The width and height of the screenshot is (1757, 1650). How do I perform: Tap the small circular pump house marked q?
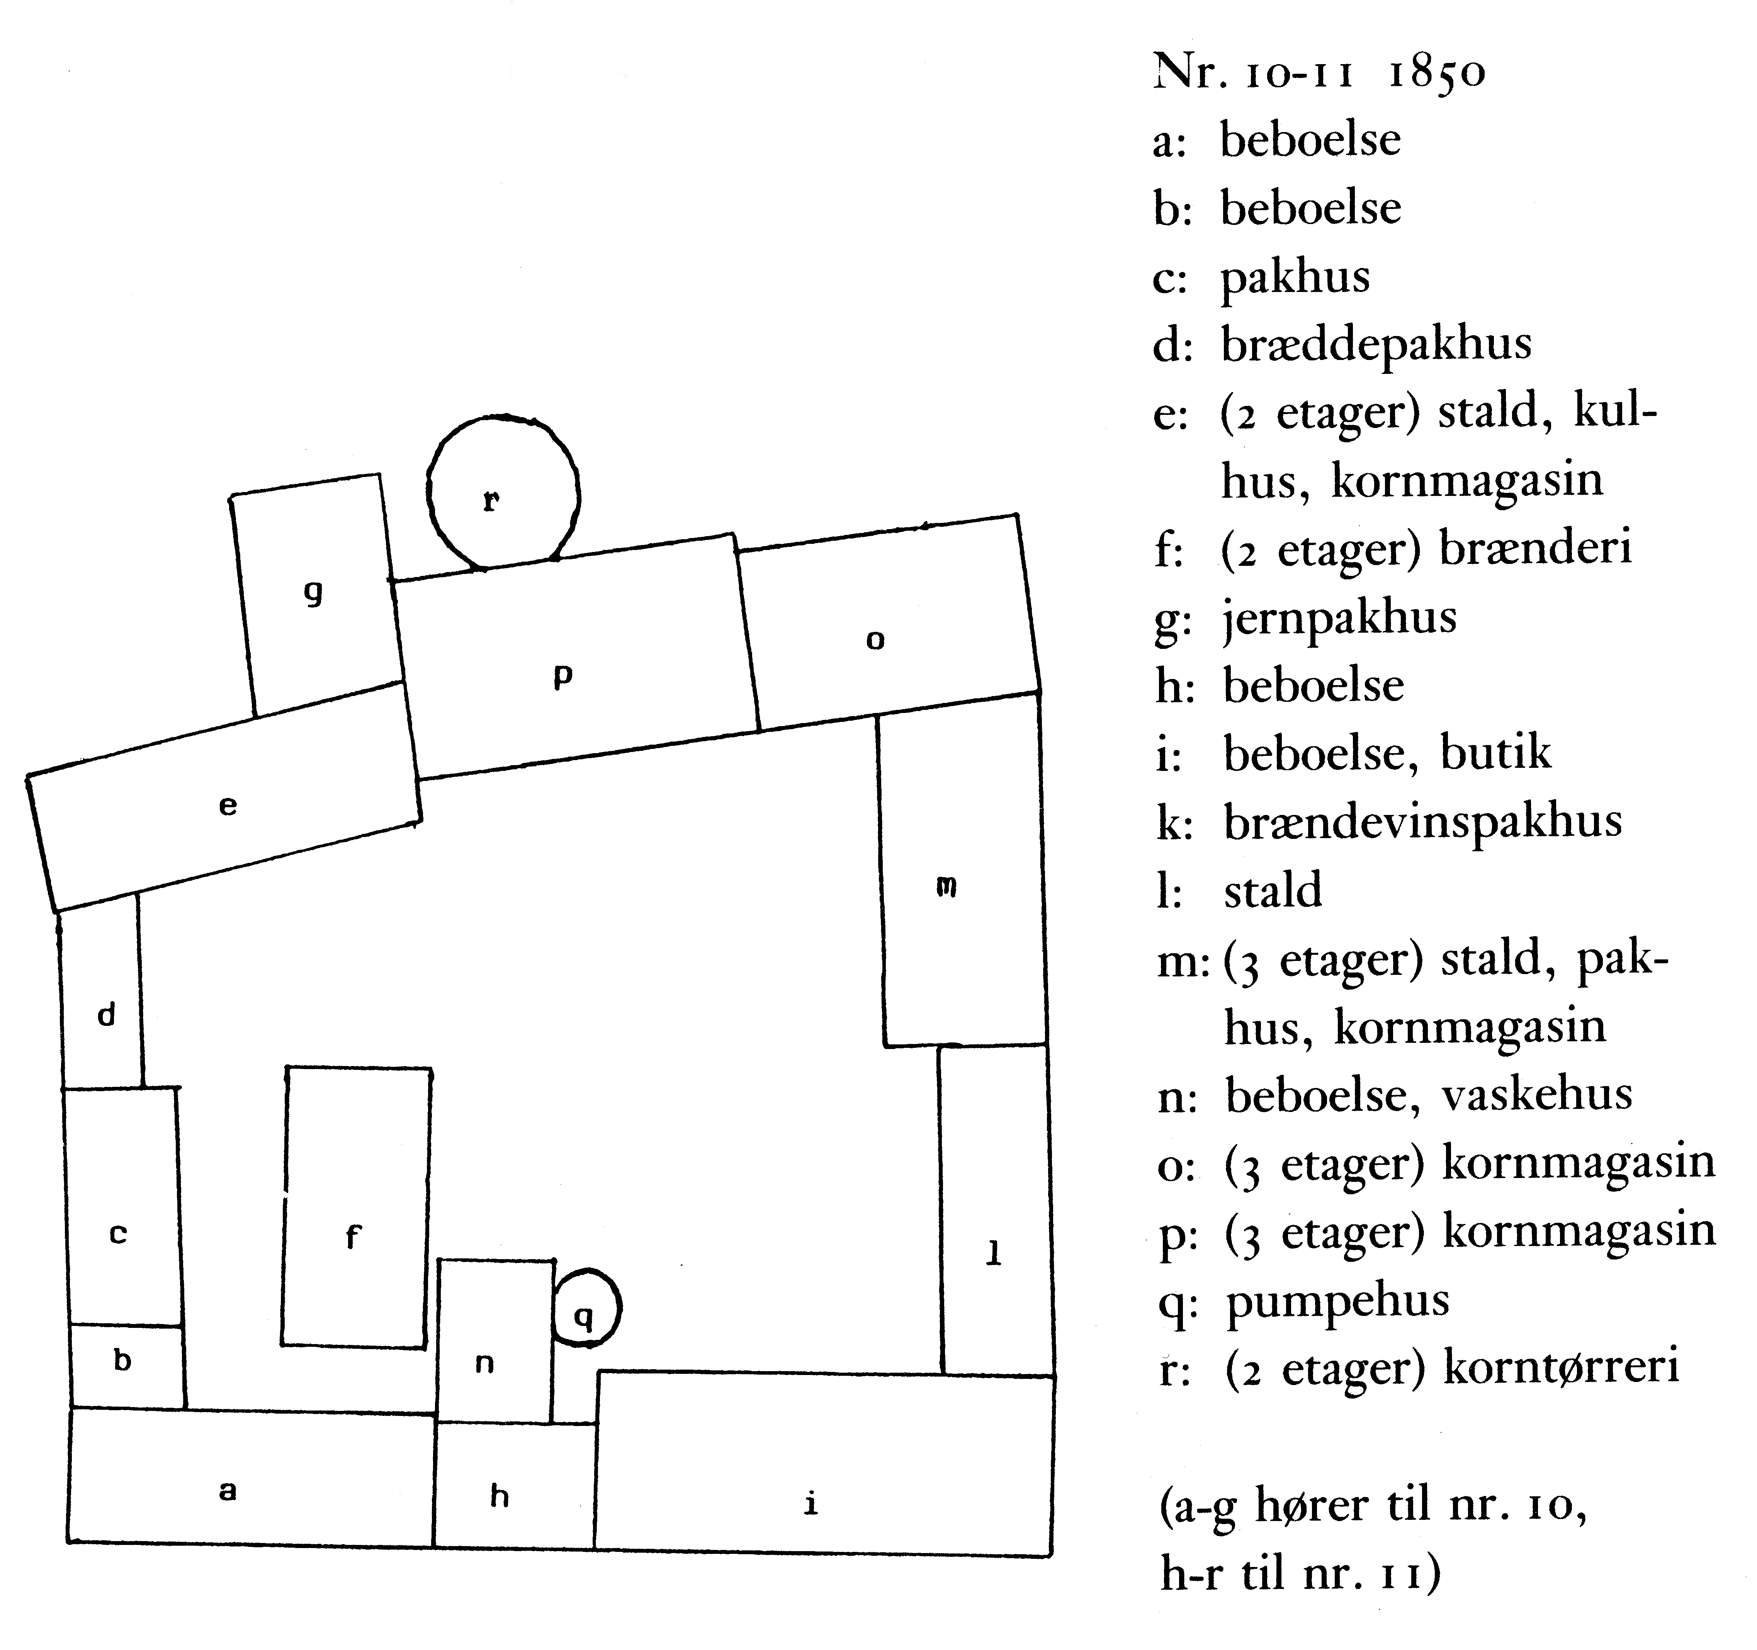point(586,1309)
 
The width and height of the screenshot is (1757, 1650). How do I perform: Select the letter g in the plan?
point(313,593)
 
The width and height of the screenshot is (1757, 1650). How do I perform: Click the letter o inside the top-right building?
point(875,640)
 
